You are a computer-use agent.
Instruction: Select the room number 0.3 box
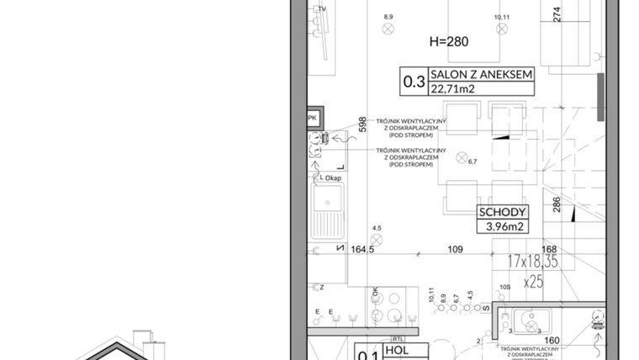tap(414, 82)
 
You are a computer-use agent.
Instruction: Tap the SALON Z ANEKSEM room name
tap(481, 75)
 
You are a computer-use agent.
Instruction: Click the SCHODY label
tap(502, 213)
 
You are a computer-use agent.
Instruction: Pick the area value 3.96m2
tap(502, 226)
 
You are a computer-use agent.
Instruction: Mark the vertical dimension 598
tap(363, 124)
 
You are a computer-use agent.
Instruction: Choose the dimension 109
tap(455, 250)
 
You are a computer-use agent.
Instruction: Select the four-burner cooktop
tap(388, 306)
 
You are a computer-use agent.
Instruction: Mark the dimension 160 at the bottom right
tap(552, 341)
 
